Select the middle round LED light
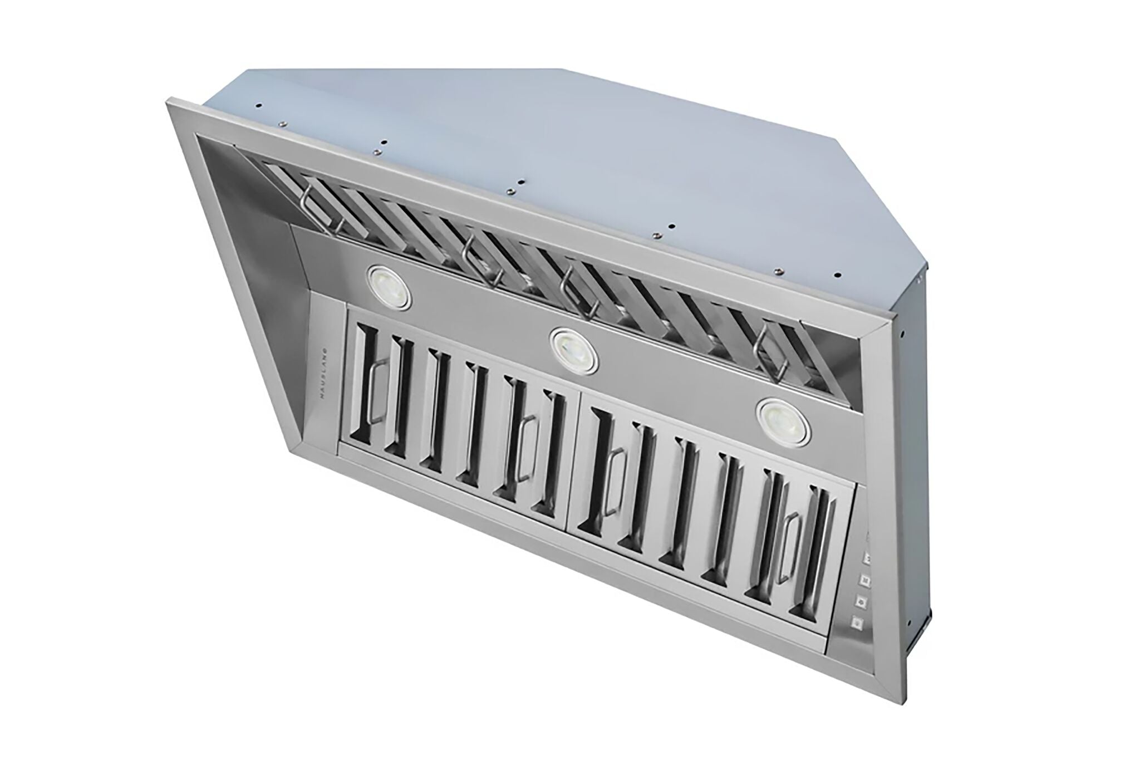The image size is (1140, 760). tap(574, 351)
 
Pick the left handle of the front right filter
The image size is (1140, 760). tap(612, 482)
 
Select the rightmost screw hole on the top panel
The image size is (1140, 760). tap(837, 274)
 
